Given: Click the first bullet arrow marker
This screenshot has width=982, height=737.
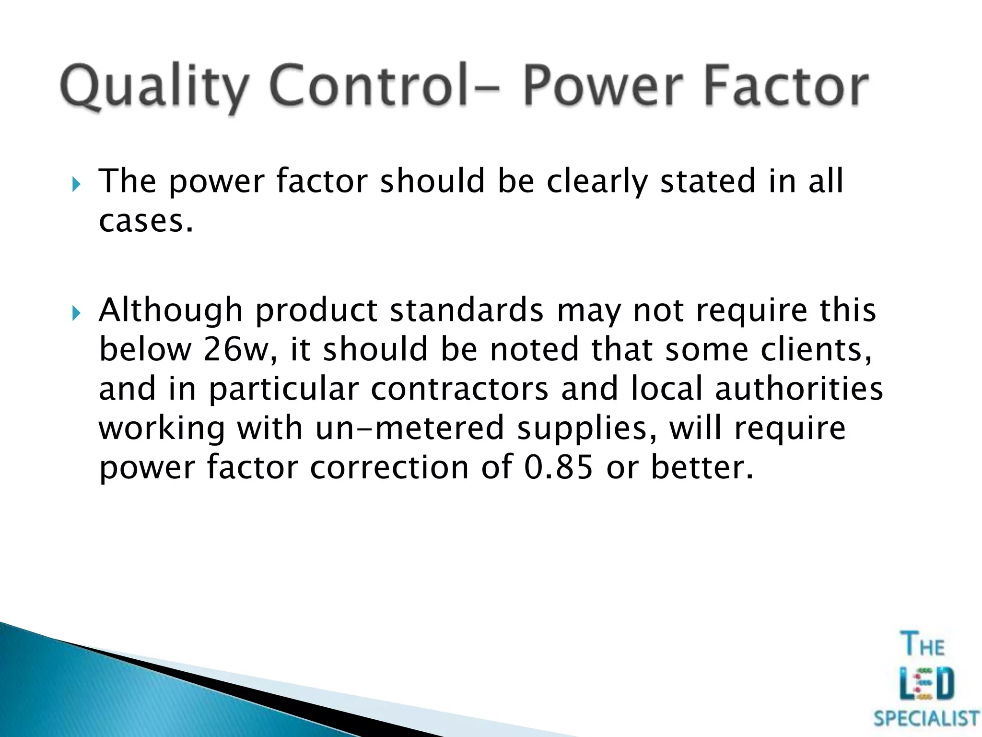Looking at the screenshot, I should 76,184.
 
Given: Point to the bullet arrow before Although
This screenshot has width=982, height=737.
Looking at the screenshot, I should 76,313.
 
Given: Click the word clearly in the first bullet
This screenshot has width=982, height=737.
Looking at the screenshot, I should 597,182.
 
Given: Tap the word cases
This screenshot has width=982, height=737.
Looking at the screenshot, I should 146,221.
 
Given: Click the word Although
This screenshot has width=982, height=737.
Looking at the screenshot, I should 171,311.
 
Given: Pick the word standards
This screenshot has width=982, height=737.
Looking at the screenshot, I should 467,310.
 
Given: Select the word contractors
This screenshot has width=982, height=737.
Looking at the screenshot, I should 459,389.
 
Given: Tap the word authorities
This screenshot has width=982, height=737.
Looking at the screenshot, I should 799,389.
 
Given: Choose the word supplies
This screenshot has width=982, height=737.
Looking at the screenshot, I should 587,429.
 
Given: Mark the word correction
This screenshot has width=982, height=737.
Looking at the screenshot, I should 389,467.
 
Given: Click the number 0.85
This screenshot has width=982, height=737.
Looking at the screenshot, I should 558,467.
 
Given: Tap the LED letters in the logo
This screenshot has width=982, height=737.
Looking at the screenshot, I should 926,684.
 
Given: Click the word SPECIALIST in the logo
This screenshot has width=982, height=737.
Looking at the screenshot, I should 926,719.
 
